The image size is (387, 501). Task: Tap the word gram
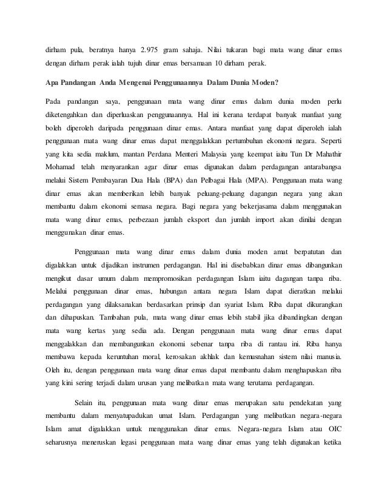(x=180, y=48)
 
